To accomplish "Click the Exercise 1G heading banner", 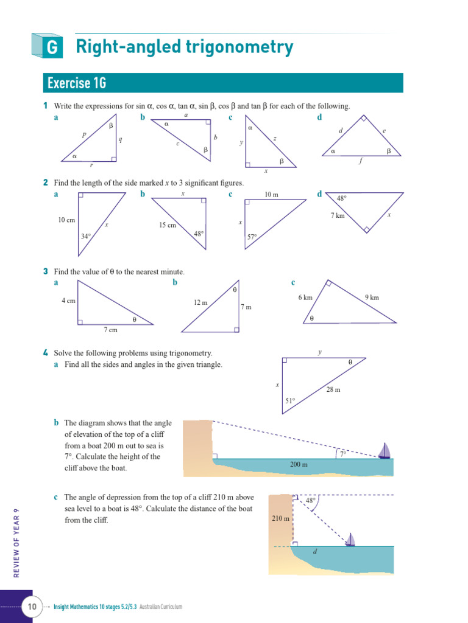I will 223,83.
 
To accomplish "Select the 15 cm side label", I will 167,225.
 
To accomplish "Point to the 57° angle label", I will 252,237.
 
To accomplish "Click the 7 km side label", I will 338,216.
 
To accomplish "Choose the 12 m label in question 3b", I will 200,302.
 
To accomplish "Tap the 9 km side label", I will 372,298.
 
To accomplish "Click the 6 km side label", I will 305,298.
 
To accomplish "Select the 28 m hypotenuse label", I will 333,389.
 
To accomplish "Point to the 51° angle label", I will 290,400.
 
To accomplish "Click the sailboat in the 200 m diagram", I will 384,451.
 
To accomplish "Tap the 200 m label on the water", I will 299,465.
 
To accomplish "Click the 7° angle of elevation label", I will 343,454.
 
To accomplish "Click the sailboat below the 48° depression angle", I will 350,540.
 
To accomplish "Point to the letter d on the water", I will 314,552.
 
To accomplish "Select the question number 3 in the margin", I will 46,271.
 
